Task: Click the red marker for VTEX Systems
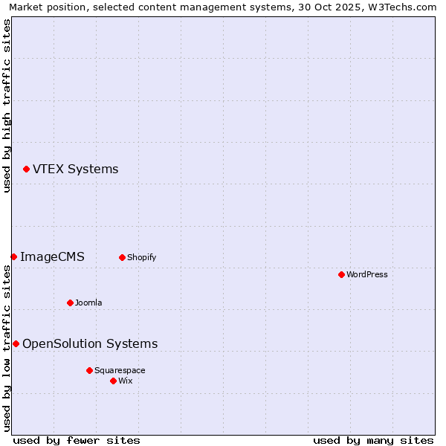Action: (26, 169)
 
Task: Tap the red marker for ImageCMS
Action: (13, 257)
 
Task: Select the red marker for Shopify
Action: (122, 258)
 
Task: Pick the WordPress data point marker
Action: (341, 275)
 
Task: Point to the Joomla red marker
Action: (70, 303)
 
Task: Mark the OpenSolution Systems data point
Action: (16, 344)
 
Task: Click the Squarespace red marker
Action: (89, 371)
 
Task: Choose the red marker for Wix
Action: (113, 381)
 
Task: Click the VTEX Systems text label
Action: (75, 169)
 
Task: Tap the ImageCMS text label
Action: (52, 257)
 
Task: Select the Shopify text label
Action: (141, 258)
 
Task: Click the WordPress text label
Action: (366, 275)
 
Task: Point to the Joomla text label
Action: (88, 303)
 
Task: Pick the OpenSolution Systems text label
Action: (90, 344)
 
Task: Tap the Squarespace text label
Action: (120, 371)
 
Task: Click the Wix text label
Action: (125, 381)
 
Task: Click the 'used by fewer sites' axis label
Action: (77, 440)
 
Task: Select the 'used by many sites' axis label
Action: (373, 440)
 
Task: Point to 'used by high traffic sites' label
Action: (7, 106)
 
